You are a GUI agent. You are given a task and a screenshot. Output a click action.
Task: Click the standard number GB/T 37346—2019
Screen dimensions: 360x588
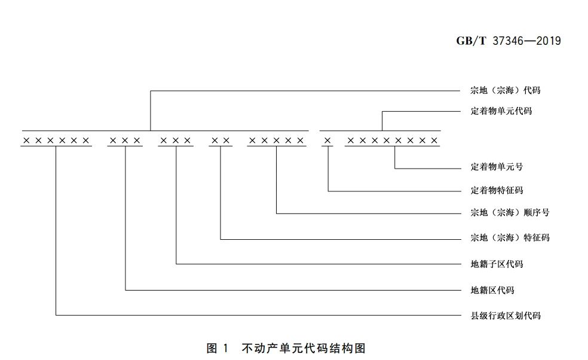pyautogui.click(x=509, y=41)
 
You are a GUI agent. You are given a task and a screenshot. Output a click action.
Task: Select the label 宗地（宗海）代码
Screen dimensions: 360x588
pyautogui.click(x=505, y=91)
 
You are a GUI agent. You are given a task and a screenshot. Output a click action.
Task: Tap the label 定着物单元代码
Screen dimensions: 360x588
pyautogui.click(x=501, y=112)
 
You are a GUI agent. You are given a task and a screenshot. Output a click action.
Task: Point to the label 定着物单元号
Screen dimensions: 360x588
pyautogui.click(x=497, y=167)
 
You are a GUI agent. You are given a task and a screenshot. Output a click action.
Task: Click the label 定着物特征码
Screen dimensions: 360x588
pyautogui.click(x=497, y=190)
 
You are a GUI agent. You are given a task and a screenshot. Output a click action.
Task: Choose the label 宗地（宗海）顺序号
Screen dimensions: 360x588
pyautogui.click(x=510, y=212)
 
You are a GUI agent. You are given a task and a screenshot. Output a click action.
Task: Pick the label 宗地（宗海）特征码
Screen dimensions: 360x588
pyautogui.click(x=510, y=237)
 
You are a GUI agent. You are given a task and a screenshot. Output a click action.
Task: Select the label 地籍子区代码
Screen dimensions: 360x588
pyautogui.click(x=497, y=264)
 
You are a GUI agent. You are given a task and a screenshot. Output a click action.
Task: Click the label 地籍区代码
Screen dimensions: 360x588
pyautogui.click(x=492, y=290)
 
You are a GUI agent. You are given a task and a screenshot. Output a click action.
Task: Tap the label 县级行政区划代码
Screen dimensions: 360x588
pyautogui.click(x=506, y=315)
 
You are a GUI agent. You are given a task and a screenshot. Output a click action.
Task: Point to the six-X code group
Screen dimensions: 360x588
pyautogui.click(x=56, y=141)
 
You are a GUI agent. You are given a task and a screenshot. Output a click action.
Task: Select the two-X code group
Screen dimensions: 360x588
pyautogui.click(x=220, y=141)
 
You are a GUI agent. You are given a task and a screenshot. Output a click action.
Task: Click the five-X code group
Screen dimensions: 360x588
pyautogui.click(x=277, y=141)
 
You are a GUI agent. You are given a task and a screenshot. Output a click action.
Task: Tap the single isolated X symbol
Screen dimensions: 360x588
pyautogui.click(x=327, y=141)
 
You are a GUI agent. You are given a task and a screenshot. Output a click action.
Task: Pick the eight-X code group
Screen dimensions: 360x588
pyautogui.click(x=393, y=141)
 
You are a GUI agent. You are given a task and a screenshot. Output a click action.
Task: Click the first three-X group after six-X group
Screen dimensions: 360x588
pyautogui.click(x=125, y=141)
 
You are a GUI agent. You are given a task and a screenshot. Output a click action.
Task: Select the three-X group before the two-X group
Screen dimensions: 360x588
pyautogui.click(x=176, y=141)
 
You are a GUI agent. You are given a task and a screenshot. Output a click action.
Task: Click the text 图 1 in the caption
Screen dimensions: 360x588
pyautogui.click(x=218, y=347)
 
